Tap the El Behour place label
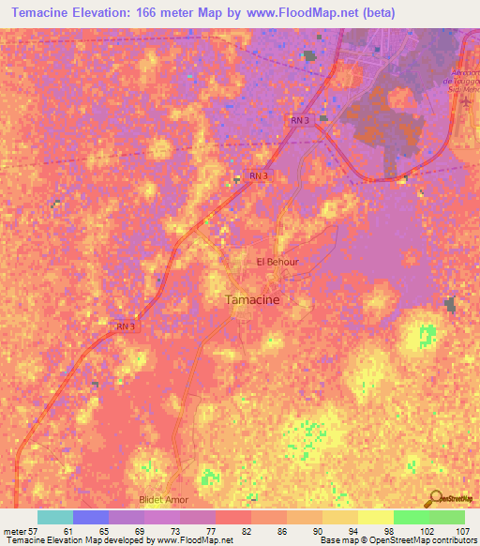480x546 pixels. pos(277,262)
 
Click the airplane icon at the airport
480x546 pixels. pos(466,100)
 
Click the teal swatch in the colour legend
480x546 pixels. pos(55,517)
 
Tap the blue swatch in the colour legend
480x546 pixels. pos(91,517)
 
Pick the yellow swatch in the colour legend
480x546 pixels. pos(375,517)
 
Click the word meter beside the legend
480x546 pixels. pos(14,531)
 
